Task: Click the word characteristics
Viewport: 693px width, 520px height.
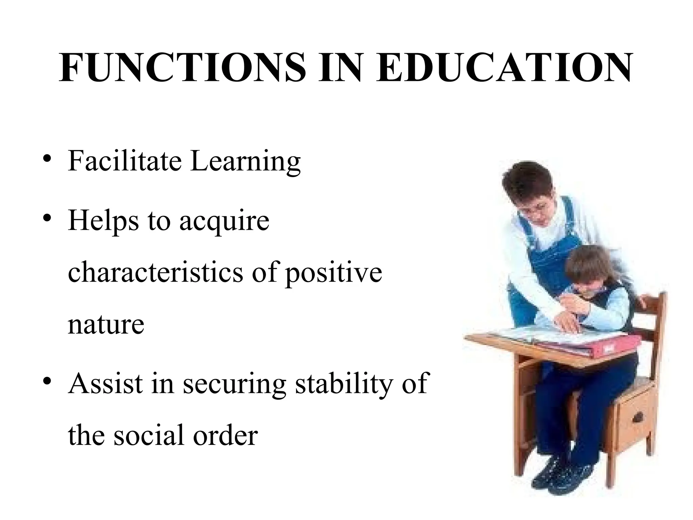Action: pos(155,273)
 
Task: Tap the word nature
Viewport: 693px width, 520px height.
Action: pos(106,324)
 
